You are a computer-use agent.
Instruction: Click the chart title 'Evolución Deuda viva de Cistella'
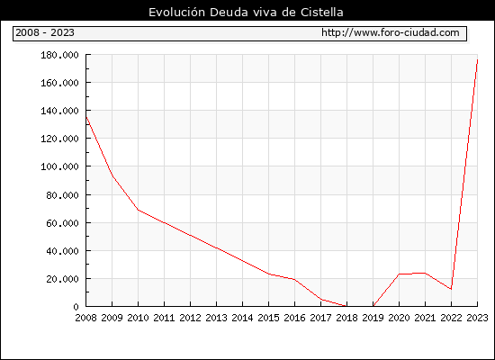click(x=246, y=12)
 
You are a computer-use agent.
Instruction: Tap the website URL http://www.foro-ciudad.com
click(x=391, y=32)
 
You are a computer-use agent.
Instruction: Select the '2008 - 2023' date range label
click(x=45, y=32)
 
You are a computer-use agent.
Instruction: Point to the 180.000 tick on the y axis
click(x=59, y=55)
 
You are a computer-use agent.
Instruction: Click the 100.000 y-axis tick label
click(x=59, y=166)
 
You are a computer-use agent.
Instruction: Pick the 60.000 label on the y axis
click(x=62, y=223)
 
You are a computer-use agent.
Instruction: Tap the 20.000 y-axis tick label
click(x=62, y=279)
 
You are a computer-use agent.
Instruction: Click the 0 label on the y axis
click(x=76, y=307)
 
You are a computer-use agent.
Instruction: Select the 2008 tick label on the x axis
click(x=85, y=318)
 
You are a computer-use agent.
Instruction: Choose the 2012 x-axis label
click(x=191, y=318)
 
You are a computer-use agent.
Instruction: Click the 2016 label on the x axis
click(x=294, y=318)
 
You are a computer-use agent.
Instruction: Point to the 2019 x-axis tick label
click(x=373, y=318)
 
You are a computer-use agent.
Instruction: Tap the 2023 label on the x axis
click(x=477, y=318)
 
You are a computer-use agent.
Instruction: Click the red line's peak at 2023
click(x=477, y=59)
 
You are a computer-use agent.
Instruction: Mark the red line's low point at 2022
click(x=451, y=289)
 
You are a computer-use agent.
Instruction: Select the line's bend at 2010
click(x=139, y=210)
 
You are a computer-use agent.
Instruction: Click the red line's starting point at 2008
click(x=86, y=117)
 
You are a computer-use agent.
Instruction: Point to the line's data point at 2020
click(x=399, y=274)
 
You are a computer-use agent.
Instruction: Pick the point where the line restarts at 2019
click(x=373, y=306)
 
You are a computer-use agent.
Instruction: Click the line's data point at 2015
click(x=269, y=274)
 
